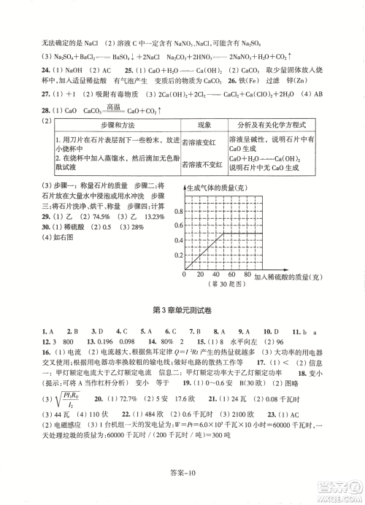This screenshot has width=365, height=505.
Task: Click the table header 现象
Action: (x=203, y=125)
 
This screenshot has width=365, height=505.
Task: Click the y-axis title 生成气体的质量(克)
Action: (x=218, y=188)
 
